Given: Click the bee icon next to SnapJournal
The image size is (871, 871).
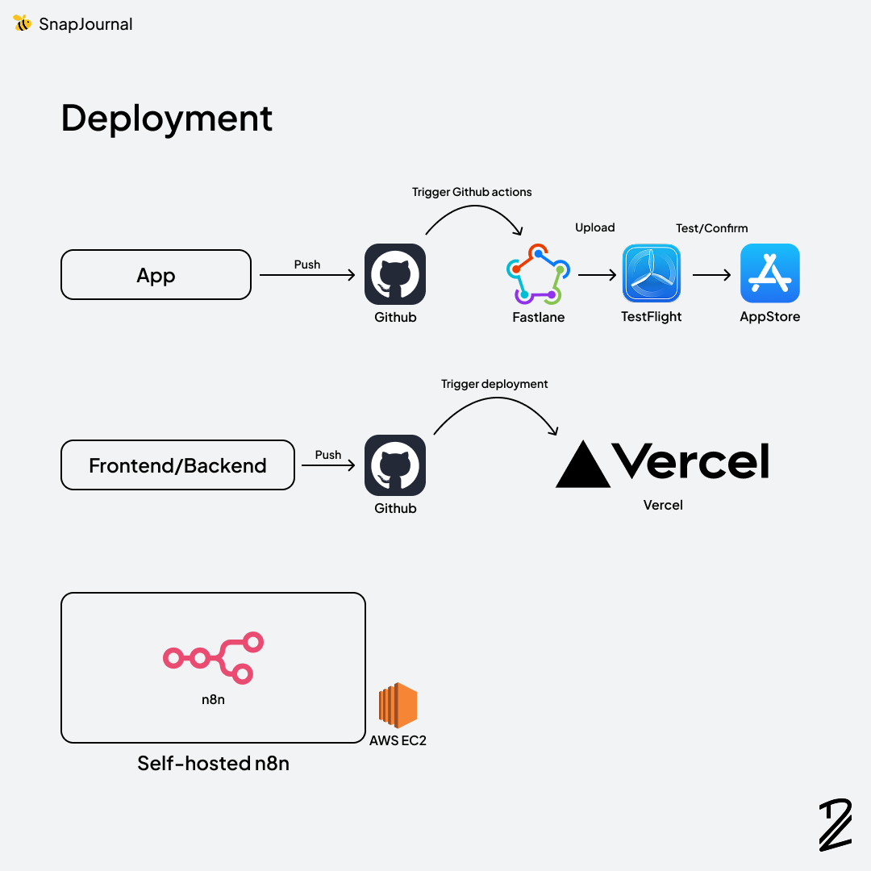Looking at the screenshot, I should tap(22, 23).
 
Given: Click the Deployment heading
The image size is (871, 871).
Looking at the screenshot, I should tap(167, 118).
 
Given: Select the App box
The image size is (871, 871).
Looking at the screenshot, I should tap(156, 275).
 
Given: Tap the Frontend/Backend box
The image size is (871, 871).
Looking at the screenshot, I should tap(177, 465).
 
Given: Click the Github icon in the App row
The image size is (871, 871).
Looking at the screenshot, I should tap(395, 274).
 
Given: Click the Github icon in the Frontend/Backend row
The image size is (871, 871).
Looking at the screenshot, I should tap(395, 465).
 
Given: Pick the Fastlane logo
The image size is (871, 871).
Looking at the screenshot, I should tap(538, 275).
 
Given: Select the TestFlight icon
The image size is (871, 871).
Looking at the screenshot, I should tap(652, 274).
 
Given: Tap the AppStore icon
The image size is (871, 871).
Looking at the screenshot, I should tap(770, 274).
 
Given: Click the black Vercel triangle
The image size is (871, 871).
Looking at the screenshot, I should tap(583, 465).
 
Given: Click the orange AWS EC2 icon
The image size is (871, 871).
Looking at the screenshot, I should tap(398, 706).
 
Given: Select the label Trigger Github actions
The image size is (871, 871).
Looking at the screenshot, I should tap(472, 192).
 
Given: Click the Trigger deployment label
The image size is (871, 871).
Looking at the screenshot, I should tap(494, 384).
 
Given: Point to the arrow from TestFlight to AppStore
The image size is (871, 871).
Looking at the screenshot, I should tap(711, 275).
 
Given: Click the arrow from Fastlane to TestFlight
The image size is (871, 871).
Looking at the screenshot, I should tap(597, 275).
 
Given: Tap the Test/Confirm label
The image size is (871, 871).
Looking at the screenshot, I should tap(711, 228).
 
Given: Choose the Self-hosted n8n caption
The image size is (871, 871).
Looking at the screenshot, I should tap(213, 763).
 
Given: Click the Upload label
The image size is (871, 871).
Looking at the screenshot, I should tap(595, 227).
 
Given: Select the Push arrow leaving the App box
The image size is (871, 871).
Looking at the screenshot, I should tap(306, 276).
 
